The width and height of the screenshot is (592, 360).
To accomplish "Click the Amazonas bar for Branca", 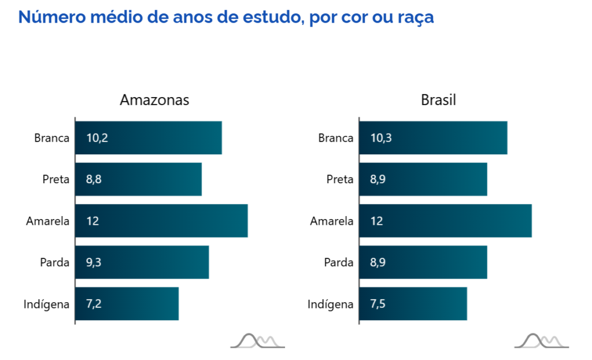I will pyautogui.click(x=148, y=138).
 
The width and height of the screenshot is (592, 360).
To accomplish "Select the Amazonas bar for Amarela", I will pyautogui.click(x=161, y=221).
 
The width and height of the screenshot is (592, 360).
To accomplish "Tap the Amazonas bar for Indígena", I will pyautogui.click(x=127, y=304).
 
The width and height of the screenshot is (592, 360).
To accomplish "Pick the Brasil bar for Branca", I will pyautogui.click(x=432, y=138).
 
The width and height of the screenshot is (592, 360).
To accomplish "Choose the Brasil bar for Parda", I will pyautogui.click(x=423, y=262).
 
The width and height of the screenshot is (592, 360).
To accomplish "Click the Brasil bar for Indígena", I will pyautogui.click(x=412, y=304).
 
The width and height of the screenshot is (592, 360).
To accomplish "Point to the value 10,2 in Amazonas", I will pyautogui.click(x=97, y=138).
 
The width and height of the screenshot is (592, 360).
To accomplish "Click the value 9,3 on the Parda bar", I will pyautogui.click(x=94, y=262).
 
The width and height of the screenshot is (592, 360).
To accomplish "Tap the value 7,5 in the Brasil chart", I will pyautogui.click(x=378, y=304).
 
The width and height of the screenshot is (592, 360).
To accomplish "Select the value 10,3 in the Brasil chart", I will pyautogui.click(x=380, y=138).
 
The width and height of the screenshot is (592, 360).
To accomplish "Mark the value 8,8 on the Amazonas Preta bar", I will pyautogui.click(x=94, y=180).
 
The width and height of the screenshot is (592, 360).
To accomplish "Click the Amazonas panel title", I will pyautogui.click(x=154, y=100).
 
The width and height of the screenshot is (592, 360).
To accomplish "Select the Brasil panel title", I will pyautogui.click(x=438, y=100).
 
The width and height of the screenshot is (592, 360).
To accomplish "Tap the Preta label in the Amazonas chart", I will pyautogui.click(x=56, y=180).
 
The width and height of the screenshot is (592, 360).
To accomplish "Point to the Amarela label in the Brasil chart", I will pyautogui.click(x=332, y=221).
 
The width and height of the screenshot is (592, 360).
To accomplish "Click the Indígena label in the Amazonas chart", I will pyautogui.click(x=46, y=305).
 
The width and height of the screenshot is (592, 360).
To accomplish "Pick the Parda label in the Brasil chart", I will pyautogui.click(x=339, y=263).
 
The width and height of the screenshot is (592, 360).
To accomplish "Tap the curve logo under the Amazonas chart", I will pyautogui.click(x=257, y=341).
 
